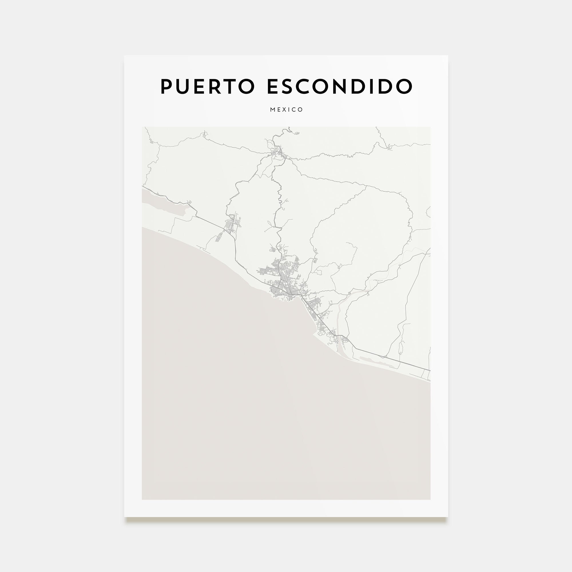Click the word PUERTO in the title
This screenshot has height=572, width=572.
point(207,86)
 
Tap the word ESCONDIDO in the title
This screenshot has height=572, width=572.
point(339,86)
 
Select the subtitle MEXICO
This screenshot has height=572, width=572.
point(286,110)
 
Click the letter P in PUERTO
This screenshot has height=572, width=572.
point(166,86)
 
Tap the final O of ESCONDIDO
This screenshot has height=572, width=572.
point(404,86)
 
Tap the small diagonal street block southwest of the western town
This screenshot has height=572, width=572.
point(220,237)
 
